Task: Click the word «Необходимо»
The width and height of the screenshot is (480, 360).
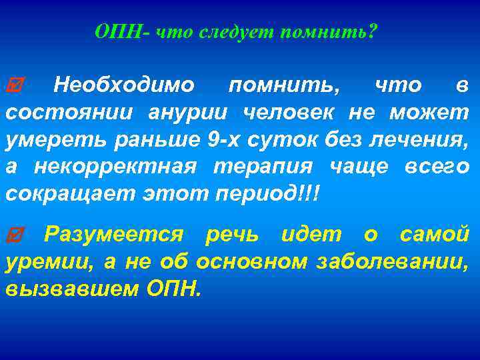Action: (x=124, y=85)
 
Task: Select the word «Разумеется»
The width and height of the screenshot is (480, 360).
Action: (x=113, y=234)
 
